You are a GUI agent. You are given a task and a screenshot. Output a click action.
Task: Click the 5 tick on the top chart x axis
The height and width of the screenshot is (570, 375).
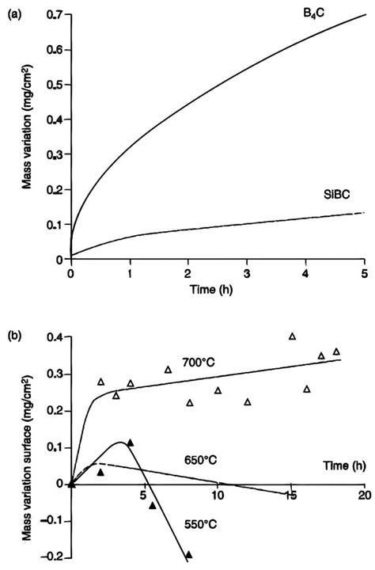(x=364, y=273)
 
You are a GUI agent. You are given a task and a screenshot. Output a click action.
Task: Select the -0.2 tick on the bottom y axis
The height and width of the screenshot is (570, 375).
(x=53, y=557)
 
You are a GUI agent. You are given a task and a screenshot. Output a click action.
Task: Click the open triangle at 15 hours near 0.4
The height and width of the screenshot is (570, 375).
(x=292, y=336)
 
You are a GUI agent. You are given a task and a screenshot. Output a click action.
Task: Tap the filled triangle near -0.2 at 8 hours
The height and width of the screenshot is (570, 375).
(x=188, y=555)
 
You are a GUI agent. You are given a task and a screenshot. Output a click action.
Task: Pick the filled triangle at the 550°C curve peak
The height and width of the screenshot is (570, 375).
(x=130, y=443)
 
